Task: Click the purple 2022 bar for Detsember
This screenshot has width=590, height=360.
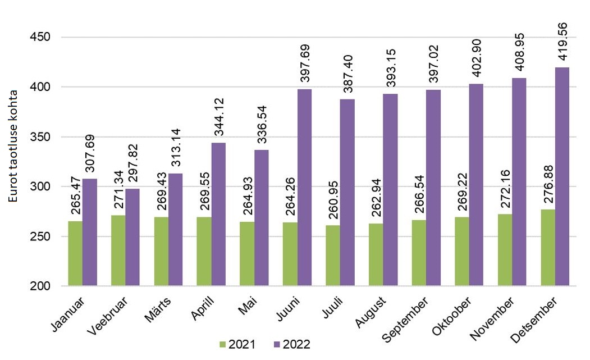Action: (x=562, y=177)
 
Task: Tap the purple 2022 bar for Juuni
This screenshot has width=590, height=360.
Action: (x=304, y=188)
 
